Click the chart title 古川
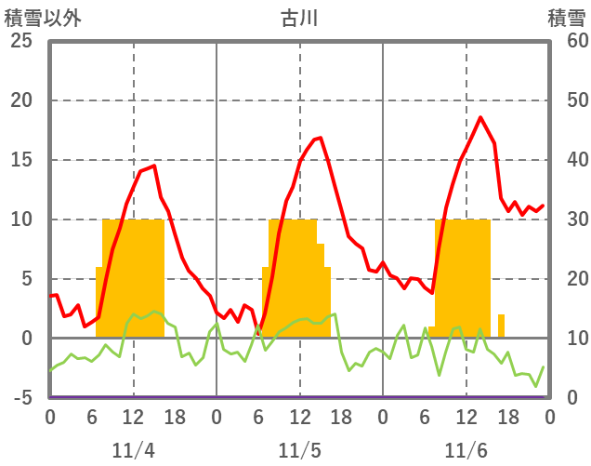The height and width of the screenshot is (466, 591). point(299,19)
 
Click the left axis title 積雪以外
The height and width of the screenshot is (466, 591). point(36,19)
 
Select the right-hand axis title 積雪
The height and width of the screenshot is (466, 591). point(566,19)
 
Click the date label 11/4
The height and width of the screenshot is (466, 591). point(133,450)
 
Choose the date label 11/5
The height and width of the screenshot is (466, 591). point(299,450)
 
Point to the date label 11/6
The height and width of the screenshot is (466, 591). point(466,450)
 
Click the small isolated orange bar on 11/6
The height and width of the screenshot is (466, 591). point(502,326)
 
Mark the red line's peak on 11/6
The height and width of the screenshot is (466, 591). point(480,117)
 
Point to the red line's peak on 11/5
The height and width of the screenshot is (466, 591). point(320,138)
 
